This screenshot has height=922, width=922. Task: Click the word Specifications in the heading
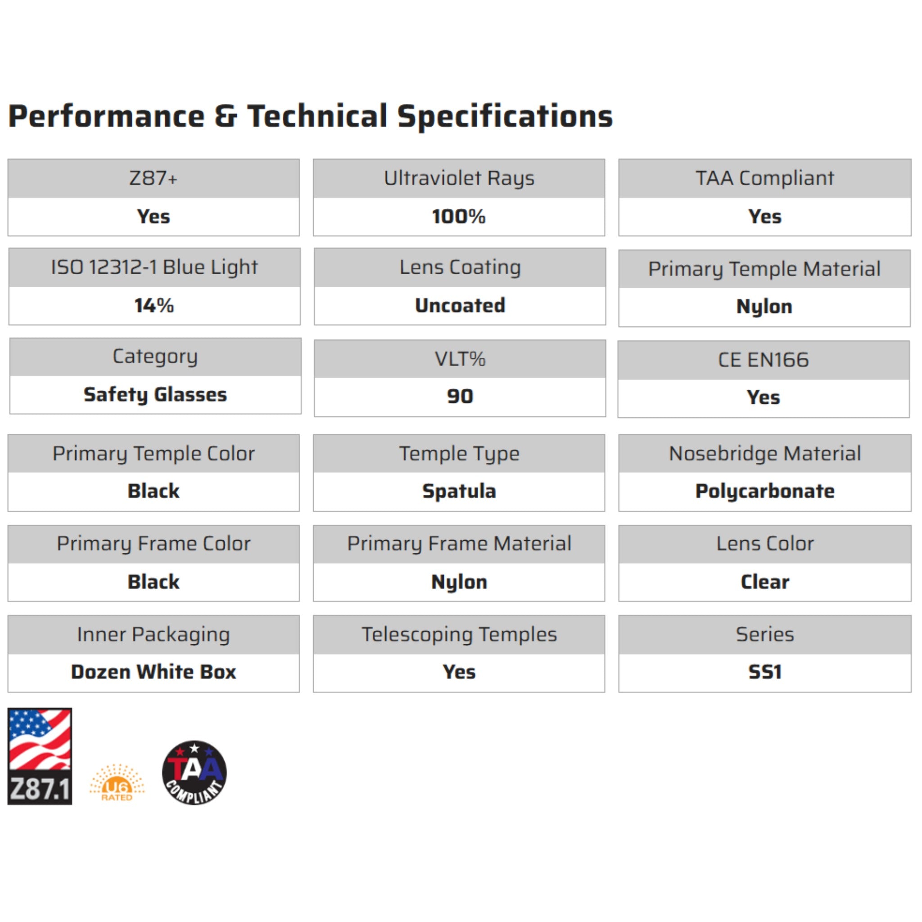tap(505, 117)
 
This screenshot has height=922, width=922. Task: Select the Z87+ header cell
tap(154, 178)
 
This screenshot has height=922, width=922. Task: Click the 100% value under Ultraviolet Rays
tap(459, 217)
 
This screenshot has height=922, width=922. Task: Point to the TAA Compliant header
tap(764, 178)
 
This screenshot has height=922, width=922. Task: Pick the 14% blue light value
tap(154, 305)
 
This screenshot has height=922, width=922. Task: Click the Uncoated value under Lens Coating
tap(460, 305)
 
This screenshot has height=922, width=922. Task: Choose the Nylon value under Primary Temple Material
tap(764, 307)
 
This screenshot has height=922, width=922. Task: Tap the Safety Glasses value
tap(155, 395)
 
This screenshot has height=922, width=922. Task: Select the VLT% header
tap(460, 359)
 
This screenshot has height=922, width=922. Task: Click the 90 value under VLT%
tap(460, 396)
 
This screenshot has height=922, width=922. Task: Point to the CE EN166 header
tap(764, 360)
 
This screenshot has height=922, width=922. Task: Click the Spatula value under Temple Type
tap(459, 491)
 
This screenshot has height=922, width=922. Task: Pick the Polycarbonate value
tap(764, 491)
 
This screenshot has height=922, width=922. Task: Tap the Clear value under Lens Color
tap(764, 582)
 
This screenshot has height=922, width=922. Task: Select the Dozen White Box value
tap(154, 672)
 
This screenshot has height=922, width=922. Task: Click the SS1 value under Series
tap(764, 672)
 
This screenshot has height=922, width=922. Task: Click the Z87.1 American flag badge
tap(40, 756)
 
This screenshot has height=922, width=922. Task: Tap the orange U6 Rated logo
tap(117, 782)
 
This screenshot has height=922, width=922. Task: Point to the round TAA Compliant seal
tap(194, 773)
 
